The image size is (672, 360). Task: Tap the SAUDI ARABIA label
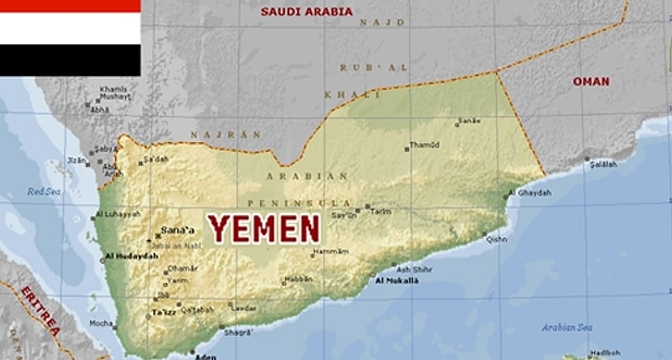(306, 12)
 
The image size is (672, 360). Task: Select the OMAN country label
(590, 82)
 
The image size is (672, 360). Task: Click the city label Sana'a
(179, 230)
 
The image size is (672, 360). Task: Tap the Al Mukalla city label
(396, 280)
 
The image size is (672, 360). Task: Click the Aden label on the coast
(204, 355)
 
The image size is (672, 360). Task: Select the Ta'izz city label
(164, 313)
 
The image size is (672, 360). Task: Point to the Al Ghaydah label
(535, 192)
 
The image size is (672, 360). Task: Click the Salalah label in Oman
(603, 164)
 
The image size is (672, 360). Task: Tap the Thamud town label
(424, 146)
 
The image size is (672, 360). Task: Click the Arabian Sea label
(563, 327)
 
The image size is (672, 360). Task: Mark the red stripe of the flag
(70, 6)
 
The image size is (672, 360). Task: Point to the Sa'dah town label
(156, 158)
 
